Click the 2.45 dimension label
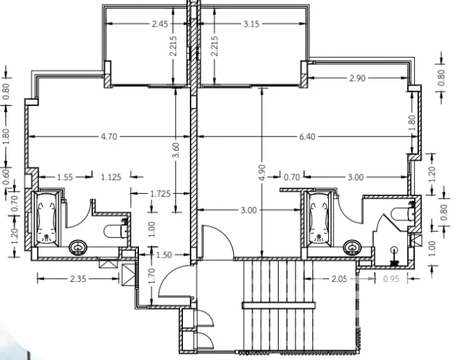coord(160,24)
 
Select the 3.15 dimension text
coord(251,24)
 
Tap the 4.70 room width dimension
coord(109,137)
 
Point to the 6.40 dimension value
coord(307,137)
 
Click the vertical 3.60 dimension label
coord(175,150)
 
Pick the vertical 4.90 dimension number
coord(262,172)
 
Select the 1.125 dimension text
coord(111,177)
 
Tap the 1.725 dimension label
coord(161,194)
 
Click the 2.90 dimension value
coord(357,78)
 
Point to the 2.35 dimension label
coord(78,279)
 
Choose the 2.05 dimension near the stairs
coord(339,279)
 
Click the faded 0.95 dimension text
coord(391,279)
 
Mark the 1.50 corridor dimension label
coord(163,255)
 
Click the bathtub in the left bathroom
coord(47,219)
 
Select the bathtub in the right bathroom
coord(319,219)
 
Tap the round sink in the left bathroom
coord(78,247)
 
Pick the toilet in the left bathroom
coord(116,231)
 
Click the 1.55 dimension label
coord(65,177)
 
